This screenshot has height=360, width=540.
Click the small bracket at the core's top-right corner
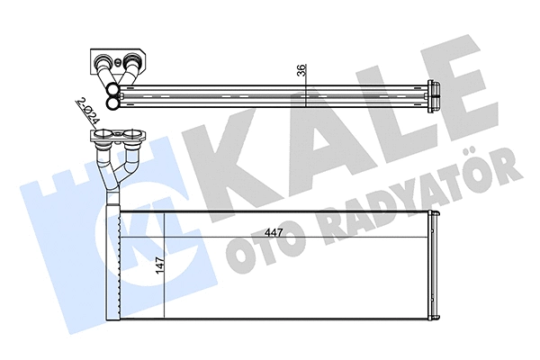pos(435,213)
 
